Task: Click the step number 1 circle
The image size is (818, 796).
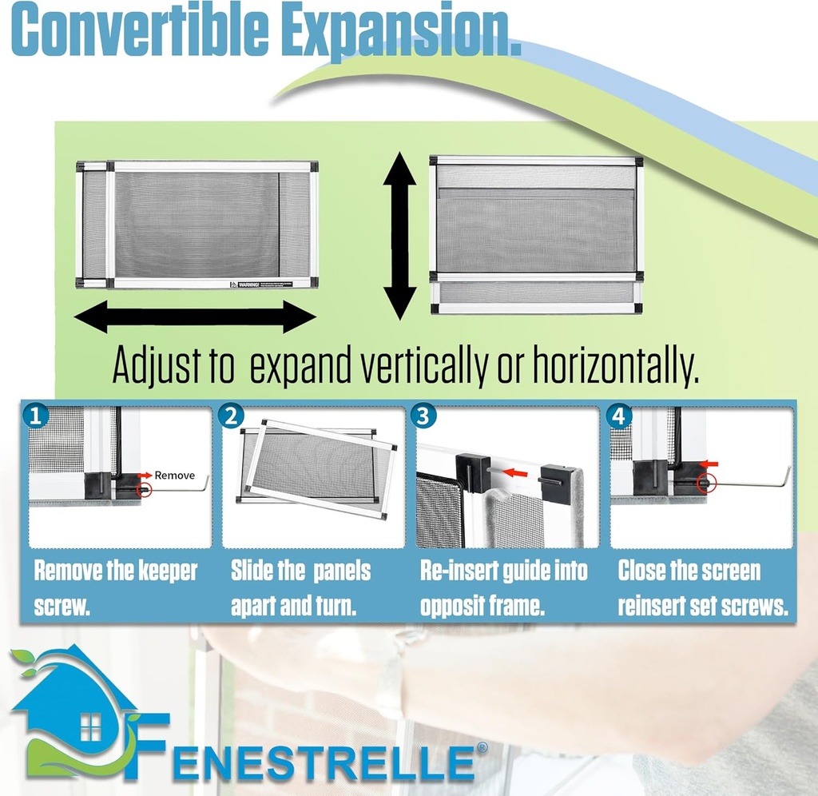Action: click(x=37, y=416)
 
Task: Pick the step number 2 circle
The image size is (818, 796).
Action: click(x=232, y=416)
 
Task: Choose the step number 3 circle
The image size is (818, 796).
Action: click(x=423, y=416)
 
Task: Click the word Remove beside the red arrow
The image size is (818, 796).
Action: click(x=174, y=476)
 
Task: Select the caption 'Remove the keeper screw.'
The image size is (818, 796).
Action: click(x=115, y=588)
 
